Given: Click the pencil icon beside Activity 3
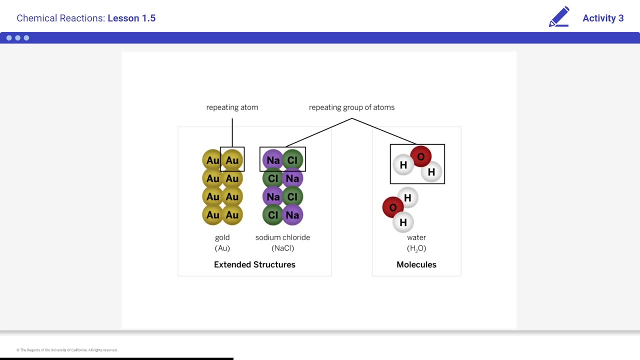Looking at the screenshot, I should [559, 17].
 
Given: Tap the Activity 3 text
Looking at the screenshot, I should [602, 18].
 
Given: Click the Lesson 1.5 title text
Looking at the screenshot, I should [131, 18].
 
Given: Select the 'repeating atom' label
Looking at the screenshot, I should [232, 107].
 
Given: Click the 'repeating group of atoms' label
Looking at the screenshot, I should [351, 107].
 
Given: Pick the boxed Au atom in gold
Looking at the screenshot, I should [232, 160].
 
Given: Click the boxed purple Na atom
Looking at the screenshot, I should [273, 160].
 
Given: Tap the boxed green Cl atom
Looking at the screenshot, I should [292, 160].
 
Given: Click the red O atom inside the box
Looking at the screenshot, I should [420, 156].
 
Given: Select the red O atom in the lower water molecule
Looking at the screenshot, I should [392, 207].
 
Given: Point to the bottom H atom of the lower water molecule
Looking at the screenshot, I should [403, 222].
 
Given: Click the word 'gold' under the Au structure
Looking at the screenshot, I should [222, 237].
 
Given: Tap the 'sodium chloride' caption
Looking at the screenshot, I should [282, 237].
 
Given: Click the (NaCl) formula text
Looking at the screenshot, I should [282, 248].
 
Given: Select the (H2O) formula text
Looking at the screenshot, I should [416, 248].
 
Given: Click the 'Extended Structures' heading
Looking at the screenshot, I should [254, 264].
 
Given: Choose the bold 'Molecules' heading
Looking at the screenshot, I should [416, 264].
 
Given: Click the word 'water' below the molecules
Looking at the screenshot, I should [416, 237].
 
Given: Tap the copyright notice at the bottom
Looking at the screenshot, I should [67, 350].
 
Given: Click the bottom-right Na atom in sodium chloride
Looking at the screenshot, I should [292, 215].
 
